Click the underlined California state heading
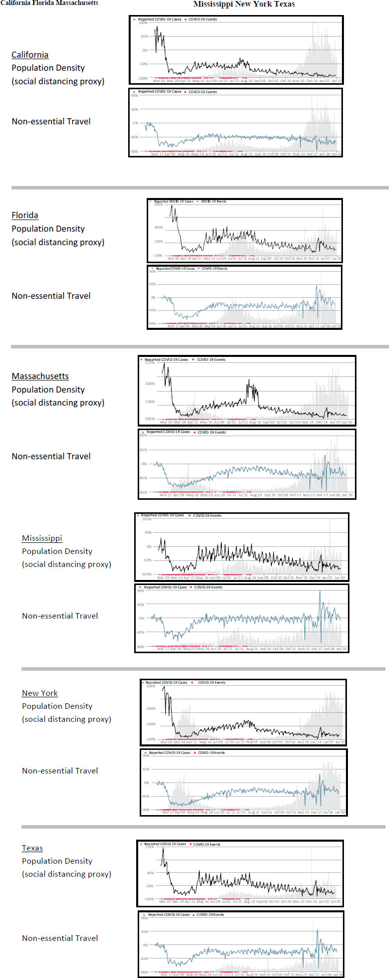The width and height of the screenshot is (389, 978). pos(30,55)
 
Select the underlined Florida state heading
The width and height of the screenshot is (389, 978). pos(25,215)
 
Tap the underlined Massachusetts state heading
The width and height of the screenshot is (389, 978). pos(40,376)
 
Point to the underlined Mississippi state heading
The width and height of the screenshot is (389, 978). pos(42,538)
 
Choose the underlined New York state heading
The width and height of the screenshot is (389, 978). pos(40,693)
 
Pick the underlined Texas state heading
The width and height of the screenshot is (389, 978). pos(32,848)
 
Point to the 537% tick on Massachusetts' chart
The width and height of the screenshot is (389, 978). pos(150,362)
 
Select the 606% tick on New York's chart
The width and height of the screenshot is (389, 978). pos(151,686)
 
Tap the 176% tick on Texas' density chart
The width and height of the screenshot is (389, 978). pos(149,848)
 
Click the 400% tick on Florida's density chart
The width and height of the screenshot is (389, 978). pos(158,227)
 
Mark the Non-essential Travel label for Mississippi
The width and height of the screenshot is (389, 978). pos(60,616)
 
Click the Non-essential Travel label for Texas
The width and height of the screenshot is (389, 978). pos(60,938)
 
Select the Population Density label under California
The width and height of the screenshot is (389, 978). pos(48,68)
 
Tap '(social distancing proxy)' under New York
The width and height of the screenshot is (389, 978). pos(67,719)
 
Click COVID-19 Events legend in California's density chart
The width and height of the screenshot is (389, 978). pos(203,20)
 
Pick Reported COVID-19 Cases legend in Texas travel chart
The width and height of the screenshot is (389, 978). pos(169,914)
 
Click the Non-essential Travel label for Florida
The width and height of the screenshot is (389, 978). pos(51,296)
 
